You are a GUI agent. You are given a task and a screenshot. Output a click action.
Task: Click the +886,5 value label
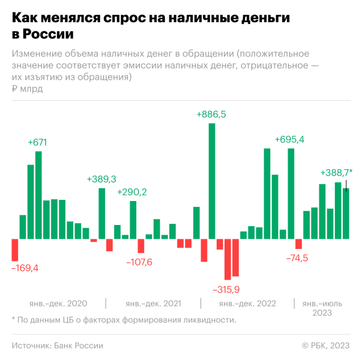211,114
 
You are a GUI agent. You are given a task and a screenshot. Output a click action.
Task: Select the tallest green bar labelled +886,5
211,181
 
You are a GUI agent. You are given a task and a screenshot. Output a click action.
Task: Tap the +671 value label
37,142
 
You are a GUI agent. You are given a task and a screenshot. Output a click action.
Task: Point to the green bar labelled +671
38,195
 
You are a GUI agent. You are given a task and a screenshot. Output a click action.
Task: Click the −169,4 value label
25,268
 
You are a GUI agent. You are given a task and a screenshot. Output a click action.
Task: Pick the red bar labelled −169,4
15,249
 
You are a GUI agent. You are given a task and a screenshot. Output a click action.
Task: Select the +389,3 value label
101,179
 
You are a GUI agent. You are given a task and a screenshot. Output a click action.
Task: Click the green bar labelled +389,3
102,213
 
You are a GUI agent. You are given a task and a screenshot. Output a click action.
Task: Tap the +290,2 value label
132,192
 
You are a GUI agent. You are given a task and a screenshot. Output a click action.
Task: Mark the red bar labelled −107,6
141,245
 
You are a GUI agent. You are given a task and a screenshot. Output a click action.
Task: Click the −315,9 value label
226,289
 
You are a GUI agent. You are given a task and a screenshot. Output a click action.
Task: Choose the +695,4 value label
289,139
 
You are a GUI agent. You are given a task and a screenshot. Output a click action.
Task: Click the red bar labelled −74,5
298,244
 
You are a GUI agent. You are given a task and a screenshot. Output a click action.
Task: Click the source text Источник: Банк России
58,346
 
